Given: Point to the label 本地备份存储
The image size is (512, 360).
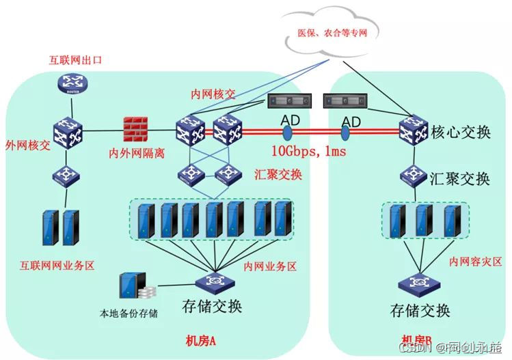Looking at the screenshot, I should pos(129,314).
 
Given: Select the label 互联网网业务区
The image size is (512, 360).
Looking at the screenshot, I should pos(62,262).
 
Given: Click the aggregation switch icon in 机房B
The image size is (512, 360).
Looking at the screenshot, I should pos(414,177).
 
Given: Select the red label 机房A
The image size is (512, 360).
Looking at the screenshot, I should pos(202,340).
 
